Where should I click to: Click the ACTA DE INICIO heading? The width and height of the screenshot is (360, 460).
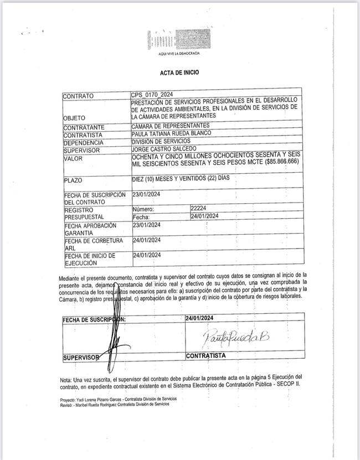coord(179,73)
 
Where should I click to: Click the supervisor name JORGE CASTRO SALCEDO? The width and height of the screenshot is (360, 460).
coord(163,149)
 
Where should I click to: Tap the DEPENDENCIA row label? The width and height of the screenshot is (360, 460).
coord(84,142)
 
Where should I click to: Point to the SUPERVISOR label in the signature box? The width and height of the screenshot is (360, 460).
coord(81,358)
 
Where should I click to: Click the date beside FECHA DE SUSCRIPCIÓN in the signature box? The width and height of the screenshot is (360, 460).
coord(200,318)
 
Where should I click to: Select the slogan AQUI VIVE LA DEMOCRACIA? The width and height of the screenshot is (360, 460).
coord(176,53)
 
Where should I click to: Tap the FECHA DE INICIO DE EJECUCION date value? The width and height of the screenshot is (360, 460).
coord(147,255)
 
